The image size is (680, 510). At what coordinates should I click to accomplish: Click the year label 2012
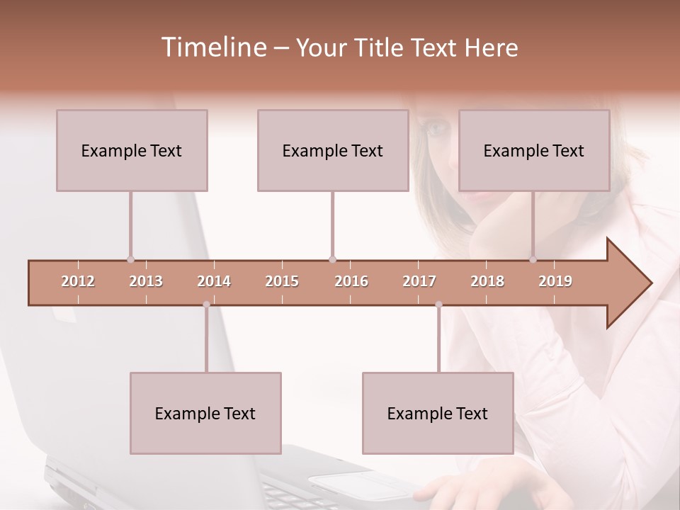click(78, 282)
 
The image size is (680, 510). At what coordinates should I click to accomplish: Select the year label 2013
click(146, 282)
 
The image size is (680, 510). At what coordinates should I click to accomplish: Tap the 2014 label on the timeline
click(214, 282)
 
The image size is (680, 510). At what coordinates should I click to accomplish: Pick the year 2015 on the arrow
click(282, 282)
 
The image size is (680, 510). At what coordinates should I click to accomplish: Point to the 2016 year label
click(351, 282)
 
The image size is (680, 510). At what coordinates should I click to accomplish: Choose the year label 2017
click(419, 282)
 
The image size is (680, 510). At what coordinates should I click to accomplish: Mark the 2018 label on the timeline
click(487, 282)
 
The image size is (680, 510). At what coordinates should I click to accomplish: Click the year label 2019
click(555, 282)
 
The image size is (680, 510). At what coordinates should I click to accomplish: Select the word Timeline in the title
click(212, 47)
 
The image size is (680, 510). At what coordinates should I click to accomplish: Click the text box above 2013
click(132, 150)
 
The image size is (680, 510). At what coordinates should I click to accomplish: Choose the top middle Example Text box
click(333, 150)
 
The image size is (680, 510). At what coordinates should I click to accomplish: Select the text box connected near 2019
click(534, 150)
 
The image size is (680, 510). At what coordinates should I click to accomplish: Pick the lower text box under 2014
click(205, 413)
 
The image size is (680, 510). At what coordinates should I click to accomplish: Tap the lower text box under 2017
click(438, 413)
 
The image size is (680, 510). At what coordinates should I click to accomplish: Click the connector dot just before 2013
click(130, 259)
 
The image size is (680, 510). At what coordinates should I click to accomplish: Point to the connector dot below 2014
click(206, 305)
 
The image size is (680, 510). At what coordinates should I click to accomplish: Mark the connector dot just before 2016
click(332, 259)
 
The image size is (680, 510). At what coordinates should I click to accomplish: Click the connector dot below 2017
click(438, 305)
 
